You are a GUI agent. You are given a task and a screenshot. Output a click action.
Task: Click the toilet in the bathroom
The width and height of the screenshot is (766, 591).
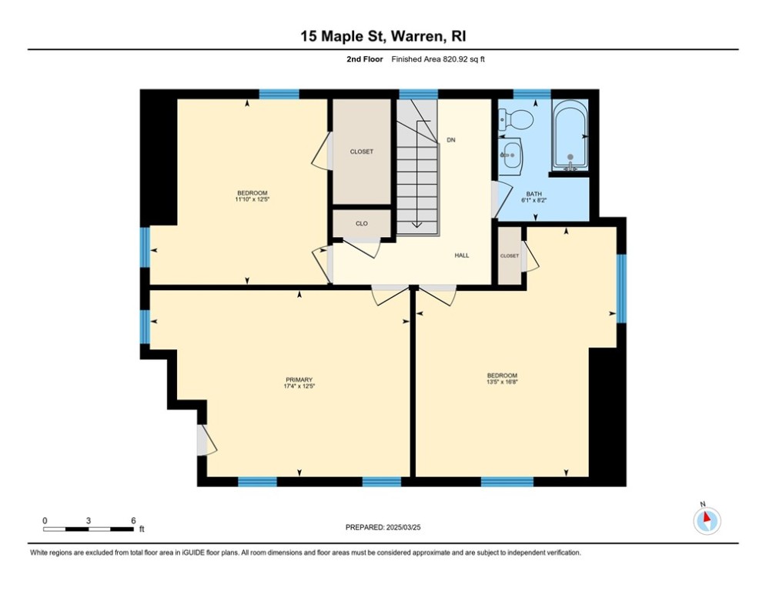pyautogui.click(x=517, y=119)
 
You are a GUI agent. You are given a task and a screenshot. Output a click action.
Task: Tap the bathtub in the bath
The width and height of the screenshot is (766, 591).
pyautogui.click(x=570, y=135)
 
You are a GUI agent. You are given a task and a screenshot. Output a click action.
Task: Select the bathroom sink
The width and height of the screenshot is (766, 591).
pyautogui.click(x=510, y=153)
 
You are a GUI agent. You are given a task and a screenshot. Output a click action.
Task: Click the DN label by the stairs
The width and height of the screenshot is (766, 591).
pyautogui.click(x=451, y=141)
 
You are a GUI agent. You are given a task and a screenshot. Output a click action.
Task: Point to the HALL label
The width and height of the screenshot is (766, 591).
pyautogui.click(x=461, y=255)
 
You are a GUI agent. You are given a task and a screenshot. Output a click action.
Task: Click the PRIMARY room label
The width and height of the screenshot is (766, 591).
pyautogui.click(x=299, y=379)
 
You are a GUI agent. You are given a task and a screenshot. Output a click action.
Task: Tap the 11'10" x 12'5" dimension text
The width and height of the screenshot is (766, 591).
pyautogui.click(x=252, y=199)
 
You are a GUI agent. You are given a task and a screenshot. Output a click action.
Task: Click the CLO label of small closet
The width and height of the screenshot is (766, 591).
pyautogui.click(x=361, y=224)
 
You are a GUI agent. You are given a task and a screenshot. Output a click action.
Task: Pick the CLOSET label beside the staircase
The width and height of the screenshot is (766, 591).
pyautogui.click(x=361, y=152)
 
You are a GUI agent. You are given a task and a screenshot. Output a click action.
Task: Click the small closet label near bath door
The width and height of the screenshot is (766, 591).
pyautogui.click(x=509, y=255)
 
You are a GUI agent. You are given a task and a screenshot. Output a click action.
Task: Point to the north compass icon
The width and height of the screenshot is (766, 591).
pyautogui.click(x=706, y=520)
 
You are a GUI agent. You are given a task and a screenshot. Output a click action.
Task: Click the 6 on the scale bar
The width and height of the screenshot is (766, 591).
pyautogui.click(x=133, y=520)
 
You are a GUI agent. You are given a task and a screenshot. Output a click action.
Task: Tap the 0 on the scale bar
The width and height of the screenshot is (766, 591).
pyautogui.click(x=45, y=520)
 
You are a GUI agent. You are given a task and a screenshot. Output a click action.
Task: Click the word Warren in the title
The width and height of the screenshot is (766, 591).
pyautogui.click(x=413, y=36)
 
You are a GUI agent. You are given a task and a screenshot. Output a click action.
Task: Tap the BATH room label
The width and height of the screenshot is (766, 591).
pyautogui.click(x=534, y=194)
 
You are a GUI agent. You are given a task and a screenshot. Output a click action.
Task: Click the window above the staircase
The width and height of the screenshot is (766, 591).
pyautogui.click(x=418, y=94)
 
